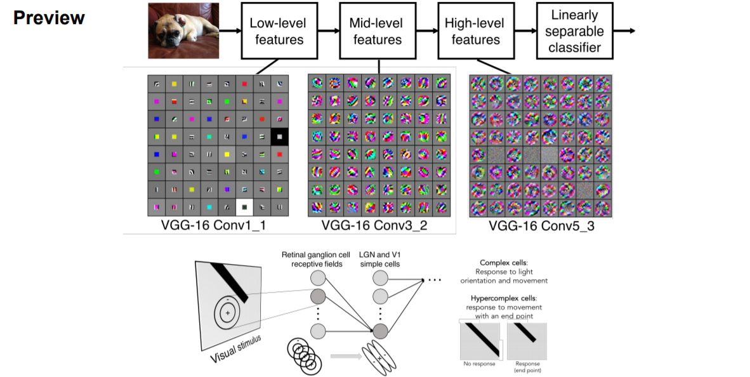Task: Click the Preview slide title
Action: (49, 18)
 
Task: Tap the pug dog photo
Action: (183, 30)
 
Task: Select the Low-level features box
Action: (277, 31)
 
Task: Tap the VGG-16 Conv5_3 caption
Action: (541, 226)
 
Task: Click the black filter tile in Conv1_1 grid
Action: (279, 136)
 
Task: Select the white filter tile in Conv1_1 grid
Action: (244, 206)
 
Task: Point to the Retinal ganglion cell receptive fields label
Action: (316, 260)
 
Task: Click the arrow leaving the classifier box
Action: (626, 31)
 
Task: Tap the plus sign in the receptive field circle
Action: (228, 312)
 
